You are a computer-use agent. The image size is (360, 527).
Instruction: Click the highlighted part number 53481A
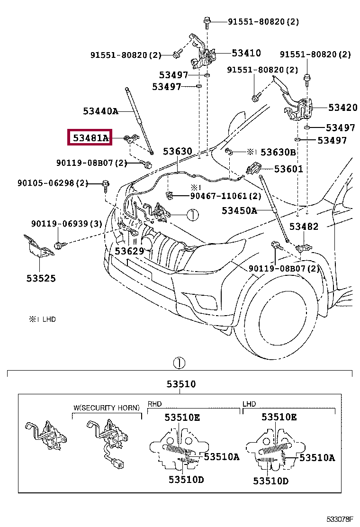[x=90, y=138]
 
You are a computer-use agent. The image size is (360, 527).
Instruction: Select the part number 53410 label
[x=246, y=53]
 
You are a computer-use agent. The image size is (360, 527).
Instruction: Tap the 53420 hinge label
[x=343, y=108]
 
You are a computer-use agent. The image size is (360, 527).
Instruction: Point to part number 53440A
[x=100, y=111]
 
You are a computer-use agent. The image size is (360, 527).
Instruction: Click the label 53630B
[x=278, y=152]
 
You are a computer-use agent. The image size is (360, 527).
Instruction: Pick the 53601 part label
[x=288, y=169]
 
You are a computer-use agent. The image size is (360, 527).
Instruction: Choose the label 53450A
[x=239, y=210]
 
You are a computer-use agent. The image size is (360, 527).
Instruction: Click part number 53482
[x=304, y=227]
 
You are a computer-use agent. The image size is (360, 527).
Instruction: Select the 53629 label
[x=129, y=251]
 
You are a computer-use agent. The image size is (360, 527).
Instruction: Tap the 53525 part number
[x=41, y=278]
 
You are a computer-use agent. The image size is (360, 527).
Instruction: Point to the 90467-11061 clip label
[x=225, y=196]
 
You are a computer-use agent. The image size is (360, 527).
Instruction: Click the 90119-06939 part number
[x=67, y=224]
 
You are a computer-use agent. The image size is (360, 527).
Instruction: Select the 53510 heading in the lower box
[x=180, y=384]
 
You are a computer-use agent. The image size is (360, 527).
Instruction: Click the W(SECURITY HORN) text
[x=107, y=408]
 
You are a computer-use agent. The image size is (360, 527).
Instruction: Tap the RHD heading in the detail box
[x=155, y=404]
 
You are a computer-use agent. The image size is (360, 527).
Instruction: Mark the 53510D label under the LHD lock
[x=270, y=481]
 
